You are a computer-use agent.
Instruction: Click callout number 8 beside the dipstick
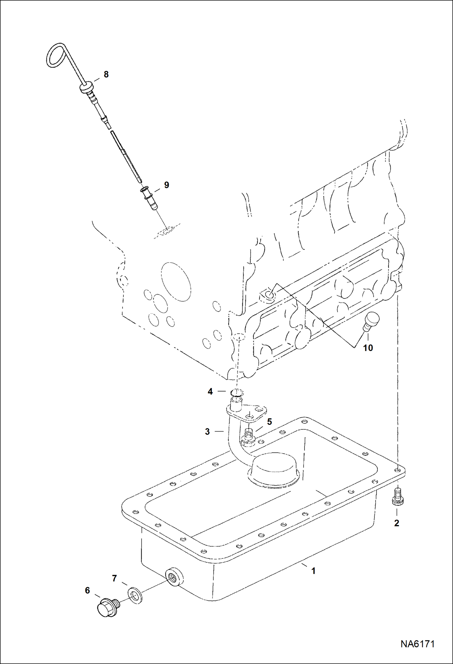point(106,74)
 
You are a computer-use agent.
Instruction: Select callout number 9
point(167,185)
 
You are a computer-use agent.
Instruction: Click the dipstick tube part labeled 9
point(149,198)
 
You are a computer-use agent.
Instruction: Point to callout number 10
point(368,348)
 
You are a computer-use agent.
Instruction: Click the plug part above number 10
point(370,322)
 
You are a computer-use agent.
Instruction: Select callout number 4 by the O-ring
point(210,391)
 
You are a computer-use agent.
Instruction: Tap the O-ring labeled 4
point(236,393)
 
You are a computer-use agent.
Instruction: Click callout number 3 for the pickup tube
point(207,431)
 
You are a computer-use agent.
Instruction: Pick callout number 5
point(269,421)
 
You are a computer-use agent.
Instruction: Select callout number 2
point(397,523)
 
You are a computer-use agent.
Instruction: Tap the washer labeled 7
point(135,595)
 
